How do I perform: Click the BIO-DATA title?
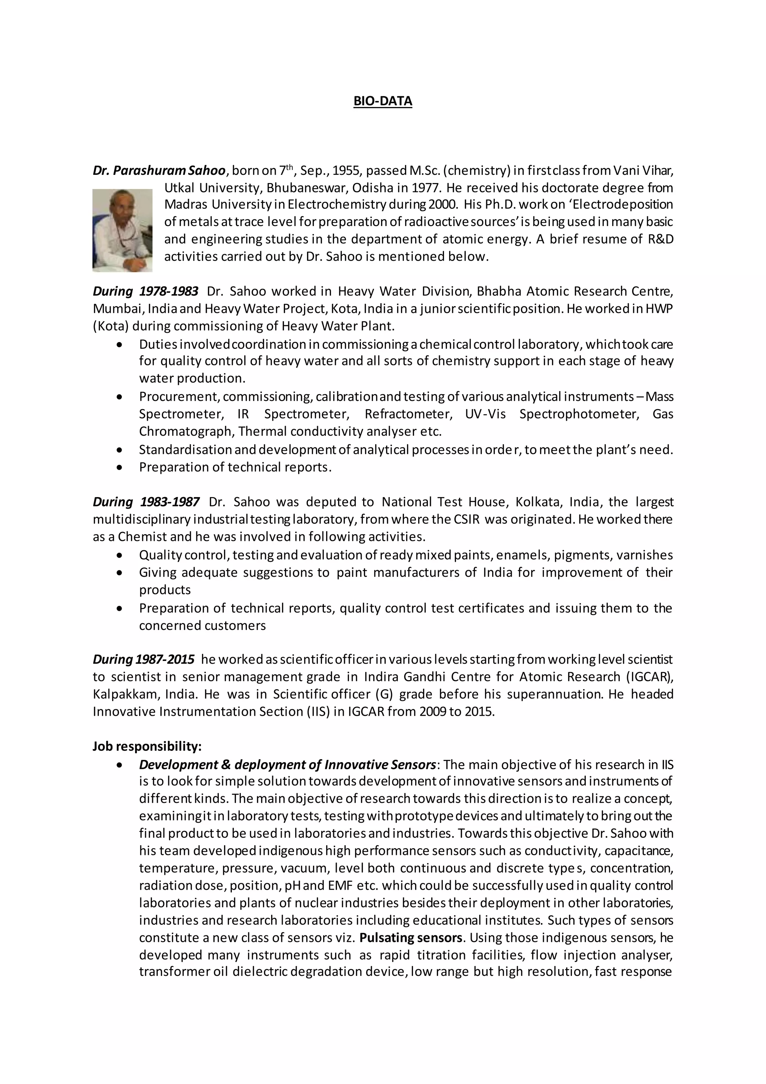point(383,101)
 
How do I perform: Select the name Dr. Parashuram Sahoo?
point(159,170)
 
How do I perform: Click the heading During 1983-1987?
point(146,502)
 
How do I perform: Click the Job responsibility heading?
point(147,746)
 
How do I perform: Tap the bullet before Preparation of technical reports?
point(121,468)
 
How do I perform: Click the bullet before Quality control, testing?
point(121,555)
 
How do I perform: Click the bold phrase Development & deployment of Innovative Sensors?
point(287,764)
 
